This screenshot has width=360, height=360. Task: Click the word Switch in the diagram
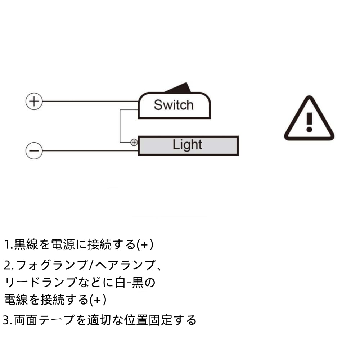(174, 105)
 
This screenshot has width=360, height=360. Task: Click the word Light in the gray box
(187, 145)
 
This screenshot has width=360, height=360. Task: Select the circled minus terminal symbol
(34, 150)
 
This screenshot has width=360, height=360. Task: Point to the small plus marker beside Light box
(134, 142)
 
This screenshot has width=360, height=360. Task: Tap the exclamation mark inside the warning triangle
(309, 121)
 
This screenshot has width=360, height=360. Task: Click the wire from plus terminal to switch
(90, 102)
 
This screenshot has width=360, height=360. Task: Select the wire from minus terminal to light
(90, 150)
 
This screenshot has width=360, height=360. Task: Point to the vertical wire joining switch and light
(120, 126)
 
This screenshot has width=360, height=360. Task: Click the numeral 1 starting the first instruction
(7, 245)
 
